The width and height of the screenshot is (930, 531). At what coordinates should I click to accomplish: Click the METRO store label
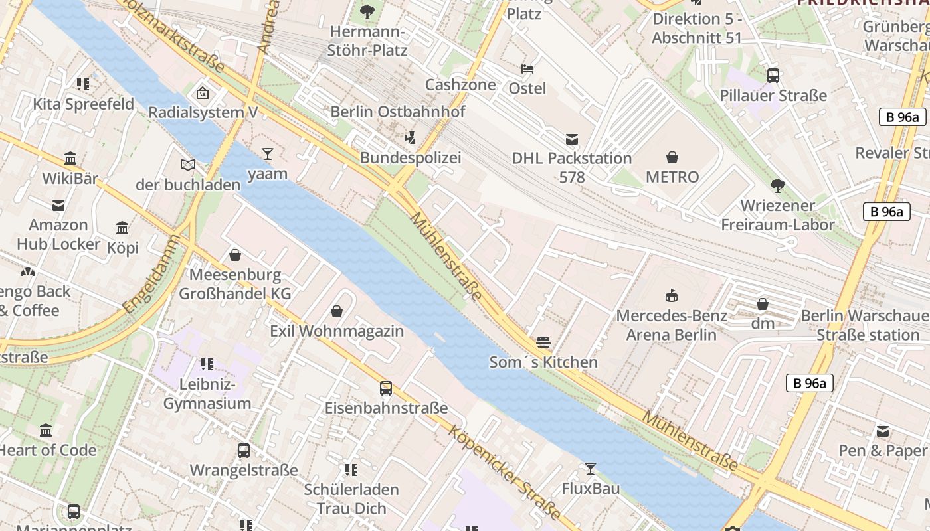(672, 177)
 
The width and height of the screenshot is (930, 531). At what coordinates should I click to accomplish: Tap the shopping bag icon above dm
(763, 304)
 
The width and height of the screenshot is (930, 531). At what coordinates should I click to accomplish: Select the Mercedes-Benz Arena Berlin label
(672, 325)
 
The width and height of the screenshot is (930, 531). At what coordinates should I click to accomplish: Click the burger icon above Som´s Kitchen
(543, 342)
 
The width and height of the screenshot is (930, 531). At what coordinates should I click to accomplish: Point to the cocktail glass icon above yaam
(267, 154)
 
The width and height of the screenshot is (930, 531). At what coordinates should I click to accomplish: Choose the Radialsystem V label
(203, 112)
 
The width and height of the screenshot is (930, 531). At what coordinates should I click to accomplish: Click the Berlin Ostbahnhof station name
(398, 112)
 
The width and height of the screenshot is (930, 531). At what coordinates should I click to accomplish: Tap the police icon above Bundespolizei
(410, 138)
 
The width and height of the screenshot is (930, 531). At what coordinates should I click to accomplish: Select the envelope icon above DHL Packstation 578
(571, 139)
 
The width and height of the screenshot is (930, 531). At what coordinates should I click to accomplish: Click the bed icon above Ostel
(527, 68)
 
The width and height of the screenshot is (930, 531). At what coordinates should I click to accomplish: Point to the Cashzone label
(460, 84)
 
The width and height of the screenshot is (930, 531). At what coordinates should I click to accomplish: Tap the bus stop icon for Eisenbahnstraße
(385, 388)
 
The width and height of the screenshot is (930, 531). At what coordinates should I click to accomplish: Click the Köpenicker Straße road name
(505, 473)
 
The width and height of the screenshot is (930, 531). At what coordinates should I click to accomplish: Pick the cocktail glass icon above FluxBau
(590, 469)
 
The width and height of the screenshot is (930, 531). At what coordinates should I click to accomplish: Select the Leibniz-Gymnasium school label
(207, 394)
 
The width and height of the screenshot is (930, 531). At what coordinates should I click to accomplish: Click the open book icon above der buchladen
(188, 165)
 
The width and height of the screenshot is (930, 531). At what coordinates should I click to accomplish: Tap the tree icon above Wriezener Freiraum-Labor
(777, 186)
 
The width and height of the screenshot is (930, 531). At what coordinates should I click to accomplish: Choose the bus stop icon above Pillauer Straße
(773, 76)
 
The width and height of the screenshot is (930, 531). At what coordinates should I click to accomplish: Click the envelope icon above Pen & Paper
(882, 431)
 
